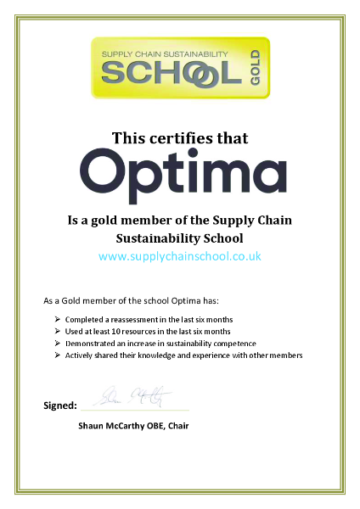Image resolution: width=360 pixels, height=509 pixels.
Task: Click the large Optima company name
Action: tap(181, 173)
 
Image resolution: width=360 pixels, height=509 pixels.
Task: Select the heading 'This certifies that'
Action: tap(180, 137)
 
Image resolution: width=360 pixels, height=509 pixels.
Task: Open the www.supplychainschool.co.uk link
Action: tap(180, 255)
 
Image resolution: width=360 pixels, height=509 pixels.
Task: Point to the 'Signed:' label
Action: tap(59, 406)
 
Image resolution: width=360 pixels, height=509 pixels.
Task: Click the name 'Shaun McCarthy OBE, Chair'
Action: tap(133, 424)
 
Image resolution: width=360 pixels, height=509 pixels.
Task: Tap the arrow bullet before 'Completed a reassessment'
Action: tap(56, 318)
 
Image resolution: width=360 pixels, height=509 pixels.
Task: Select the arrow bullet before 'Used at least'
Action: tap(56, 331)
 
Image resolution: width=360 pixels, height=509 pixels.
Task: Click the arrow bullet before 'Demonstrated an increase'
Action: tap(56, 343)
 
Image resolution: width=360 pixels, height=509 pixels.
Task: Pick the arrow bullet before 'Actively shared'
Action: tap(56, 355)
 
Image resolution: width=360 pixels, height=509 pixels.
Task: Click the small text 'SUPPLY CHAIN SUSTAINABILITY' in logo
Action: tap(164, 53)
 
